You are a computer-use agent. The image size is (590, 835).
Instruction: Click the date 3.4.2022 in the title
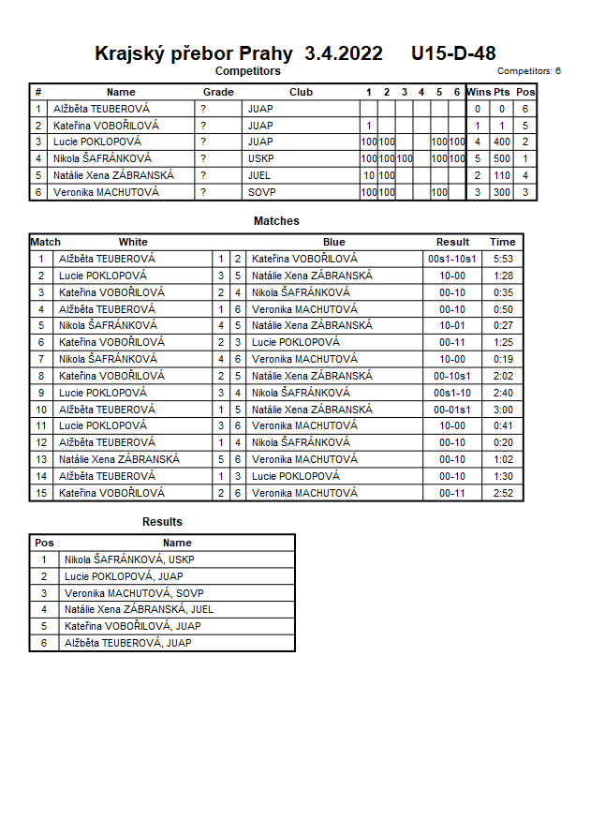(344, 53)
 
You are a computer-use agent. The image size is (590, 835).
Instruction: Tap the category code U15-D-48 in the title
(453, 53)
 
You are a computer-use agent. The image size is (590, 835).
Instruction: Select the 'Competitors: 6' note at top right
(529, 70)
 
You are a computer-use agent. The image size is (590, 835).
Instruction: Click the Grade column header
(218, 92)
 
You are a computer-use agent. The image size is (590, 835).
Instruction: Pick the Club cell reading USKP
(260, 158)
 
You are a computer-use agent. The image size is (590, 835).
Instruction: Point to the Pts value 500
(502, 158)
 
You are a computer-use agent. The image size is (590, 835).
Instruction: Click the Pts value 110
(502, 175)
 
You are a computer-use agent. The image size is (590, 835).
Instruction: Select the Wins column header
(478, 92)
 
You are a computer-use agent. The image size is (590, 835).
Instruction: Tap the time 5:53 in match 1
(503, 259)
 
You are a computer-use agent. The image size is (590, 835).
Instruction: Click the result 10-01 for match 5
(452, 325)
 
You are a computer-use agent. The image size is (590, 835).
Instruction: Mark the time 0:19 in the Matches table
(503, 359)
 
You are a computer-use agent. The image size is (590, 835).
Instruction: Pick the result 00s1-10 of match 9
(452, 393)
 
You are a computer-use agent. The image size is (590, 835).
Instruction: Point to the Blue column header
(334, 242)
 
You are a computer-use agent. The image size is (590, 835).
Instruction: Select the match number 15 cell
(41, 493)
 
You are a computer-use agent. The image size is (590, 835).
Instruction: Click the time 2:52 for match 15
(503, 493)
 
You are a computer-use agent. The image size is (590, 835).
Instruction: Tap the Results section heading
(162, 522)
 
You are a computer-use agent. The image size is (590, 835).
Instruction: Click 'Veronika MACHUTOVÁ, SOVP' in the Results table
(134, 593)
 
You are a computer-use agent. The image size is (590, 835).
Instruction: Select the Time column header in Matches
(503, 242)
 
